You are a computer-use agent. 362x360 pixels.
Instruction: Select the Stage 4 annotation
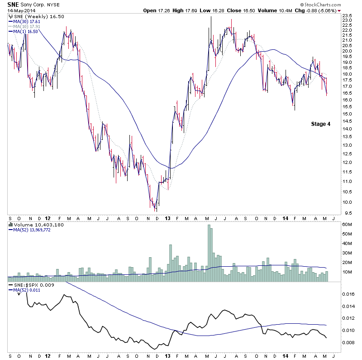coord(320,124)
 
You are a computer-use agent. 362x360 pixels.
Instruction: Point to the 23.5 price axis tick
coord(348,15)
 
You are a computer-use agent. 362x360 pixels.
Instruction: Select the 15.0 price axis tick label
coord(348,114)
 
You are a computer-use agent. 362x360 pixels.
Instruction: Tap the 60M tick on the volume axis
coord(348,224)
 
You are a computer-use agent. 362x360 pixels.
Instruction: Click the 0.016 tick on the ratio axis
coord(348,294)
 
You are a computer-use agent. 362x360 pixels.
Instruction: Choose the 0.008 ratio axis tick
coord(348,342)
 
